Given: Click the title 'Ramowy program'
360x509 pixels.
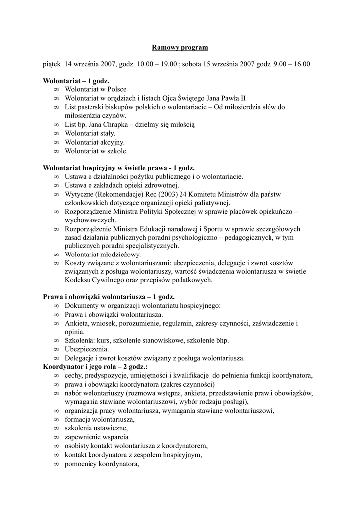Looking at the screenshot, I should [x=180, y=48].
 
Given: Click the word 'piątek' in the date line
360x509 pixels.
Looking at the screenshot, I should [x=51, y=64].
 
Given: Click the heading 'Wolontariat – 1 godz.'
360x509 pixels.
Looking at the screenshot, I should [x=76, y=81].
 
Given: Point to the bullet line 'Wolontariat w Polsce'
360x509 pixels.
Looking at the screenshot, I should [x=95, y=89].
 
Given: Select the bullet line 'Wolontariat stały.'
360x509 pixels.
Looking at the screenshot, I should [x=90, y=133].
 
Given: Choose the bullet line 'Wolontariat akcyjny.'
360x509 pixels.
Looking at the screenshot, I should [x=94, y=142].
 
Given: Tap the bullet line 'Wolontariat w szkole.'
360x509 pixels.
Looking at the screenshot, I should [x=96, y=151].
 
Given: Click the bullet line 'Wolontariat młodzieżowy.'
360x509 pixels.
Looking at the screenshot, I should [x=102, y=254].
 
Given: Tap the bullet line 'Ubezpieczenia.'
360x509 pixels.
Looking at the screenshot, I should [x=88, y=349].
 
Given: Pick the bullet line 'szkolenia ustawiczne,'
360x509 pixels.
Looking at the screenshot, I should [x=96, y=428].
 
